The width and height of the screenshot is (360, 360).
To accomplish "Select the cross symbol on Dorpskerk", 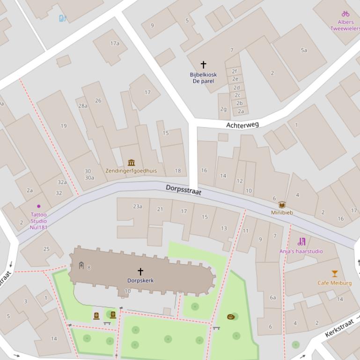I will tap(140, 271).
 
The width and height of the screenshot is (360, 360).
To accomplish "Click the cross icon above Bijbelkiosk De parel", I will tap(203, 65).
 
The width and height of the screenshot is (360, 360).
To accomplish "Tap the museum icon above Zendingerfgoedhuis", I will tap(131, 163).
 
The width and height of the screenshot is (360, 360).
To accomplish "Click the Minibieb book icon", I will tap(282, 205).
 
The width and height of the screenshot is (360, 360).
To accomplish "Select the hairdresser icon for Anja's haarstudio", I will tap(301, 242).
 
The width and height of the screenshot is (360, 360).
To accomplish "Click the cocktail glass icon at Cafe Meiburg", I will tap(335, 274).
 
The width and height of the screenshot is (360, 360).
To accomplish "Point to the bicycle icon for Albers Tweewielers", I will tap(345, 14).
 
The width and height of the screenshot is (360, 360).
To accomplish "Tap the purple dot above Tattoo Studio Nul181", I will tap(38, 206).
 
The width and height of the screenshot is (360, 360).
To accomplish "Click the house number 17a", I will tap(115, 43).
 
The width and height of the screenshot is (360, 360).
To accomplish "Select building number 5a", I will tap(304, 50).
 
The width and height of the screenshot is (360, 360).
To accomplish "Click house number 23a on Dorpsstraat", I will tap(137, 206).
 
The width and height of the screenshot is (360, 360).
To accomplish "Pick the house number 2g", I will tap(223, 109).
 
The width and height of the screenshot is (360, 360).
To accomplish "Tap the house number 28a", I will tap(82, 106).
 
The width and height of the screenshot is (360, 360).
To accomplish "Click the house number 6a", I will tap(272, 297).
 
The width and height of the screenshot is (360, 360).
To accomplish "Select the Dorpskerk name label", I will tap(140, 281).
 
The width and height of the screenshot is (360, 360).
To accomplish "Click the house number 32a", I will tap(62, 182).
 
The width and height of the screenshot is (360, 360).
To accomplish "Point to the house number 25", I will tap(46, 249).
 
